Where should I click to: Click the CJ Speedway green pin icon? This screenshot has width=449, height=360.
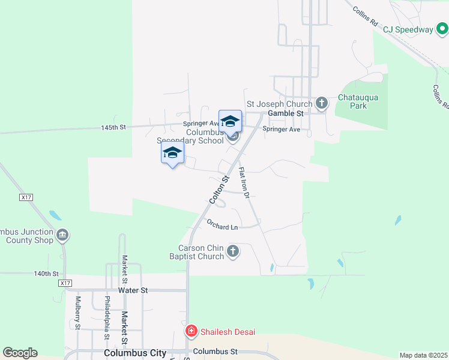point(442,29)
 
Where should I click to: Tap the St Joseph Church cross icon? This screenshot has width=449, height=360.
point(322,103)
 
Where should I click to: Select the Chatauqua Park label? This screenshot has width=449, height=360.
point(360,101)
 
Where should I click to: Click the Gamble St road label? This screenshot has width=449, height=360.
point(286,113)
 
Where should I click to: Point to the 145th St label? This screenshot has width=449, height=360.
point(113,128)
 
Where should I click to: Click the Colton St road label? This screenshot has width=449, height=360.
point(218,188)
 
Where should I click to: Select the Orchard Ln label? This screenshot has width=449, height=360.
point(222,227)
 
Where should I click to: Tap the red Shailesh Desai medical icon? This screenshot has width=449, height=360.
point(191,331)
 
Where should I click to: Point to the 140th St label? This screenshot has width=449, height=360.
point(46,274)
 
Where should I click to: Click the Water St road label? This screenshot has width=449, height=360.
point(133,290)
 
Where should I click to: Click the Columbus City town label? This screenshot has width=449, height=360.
point(134,353)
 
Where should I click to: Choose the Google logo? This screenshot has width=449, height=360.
point(20,353)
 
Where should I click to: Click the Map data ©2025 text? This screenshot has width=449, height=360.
point(423,355)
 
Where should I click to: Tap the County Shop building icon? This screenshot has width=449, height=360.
point(62,235)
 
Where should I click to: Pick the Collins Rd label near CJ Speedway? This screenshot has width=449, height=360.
point(366,17)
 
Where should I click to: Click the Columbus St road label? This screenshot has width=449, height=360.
point(216,352)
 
